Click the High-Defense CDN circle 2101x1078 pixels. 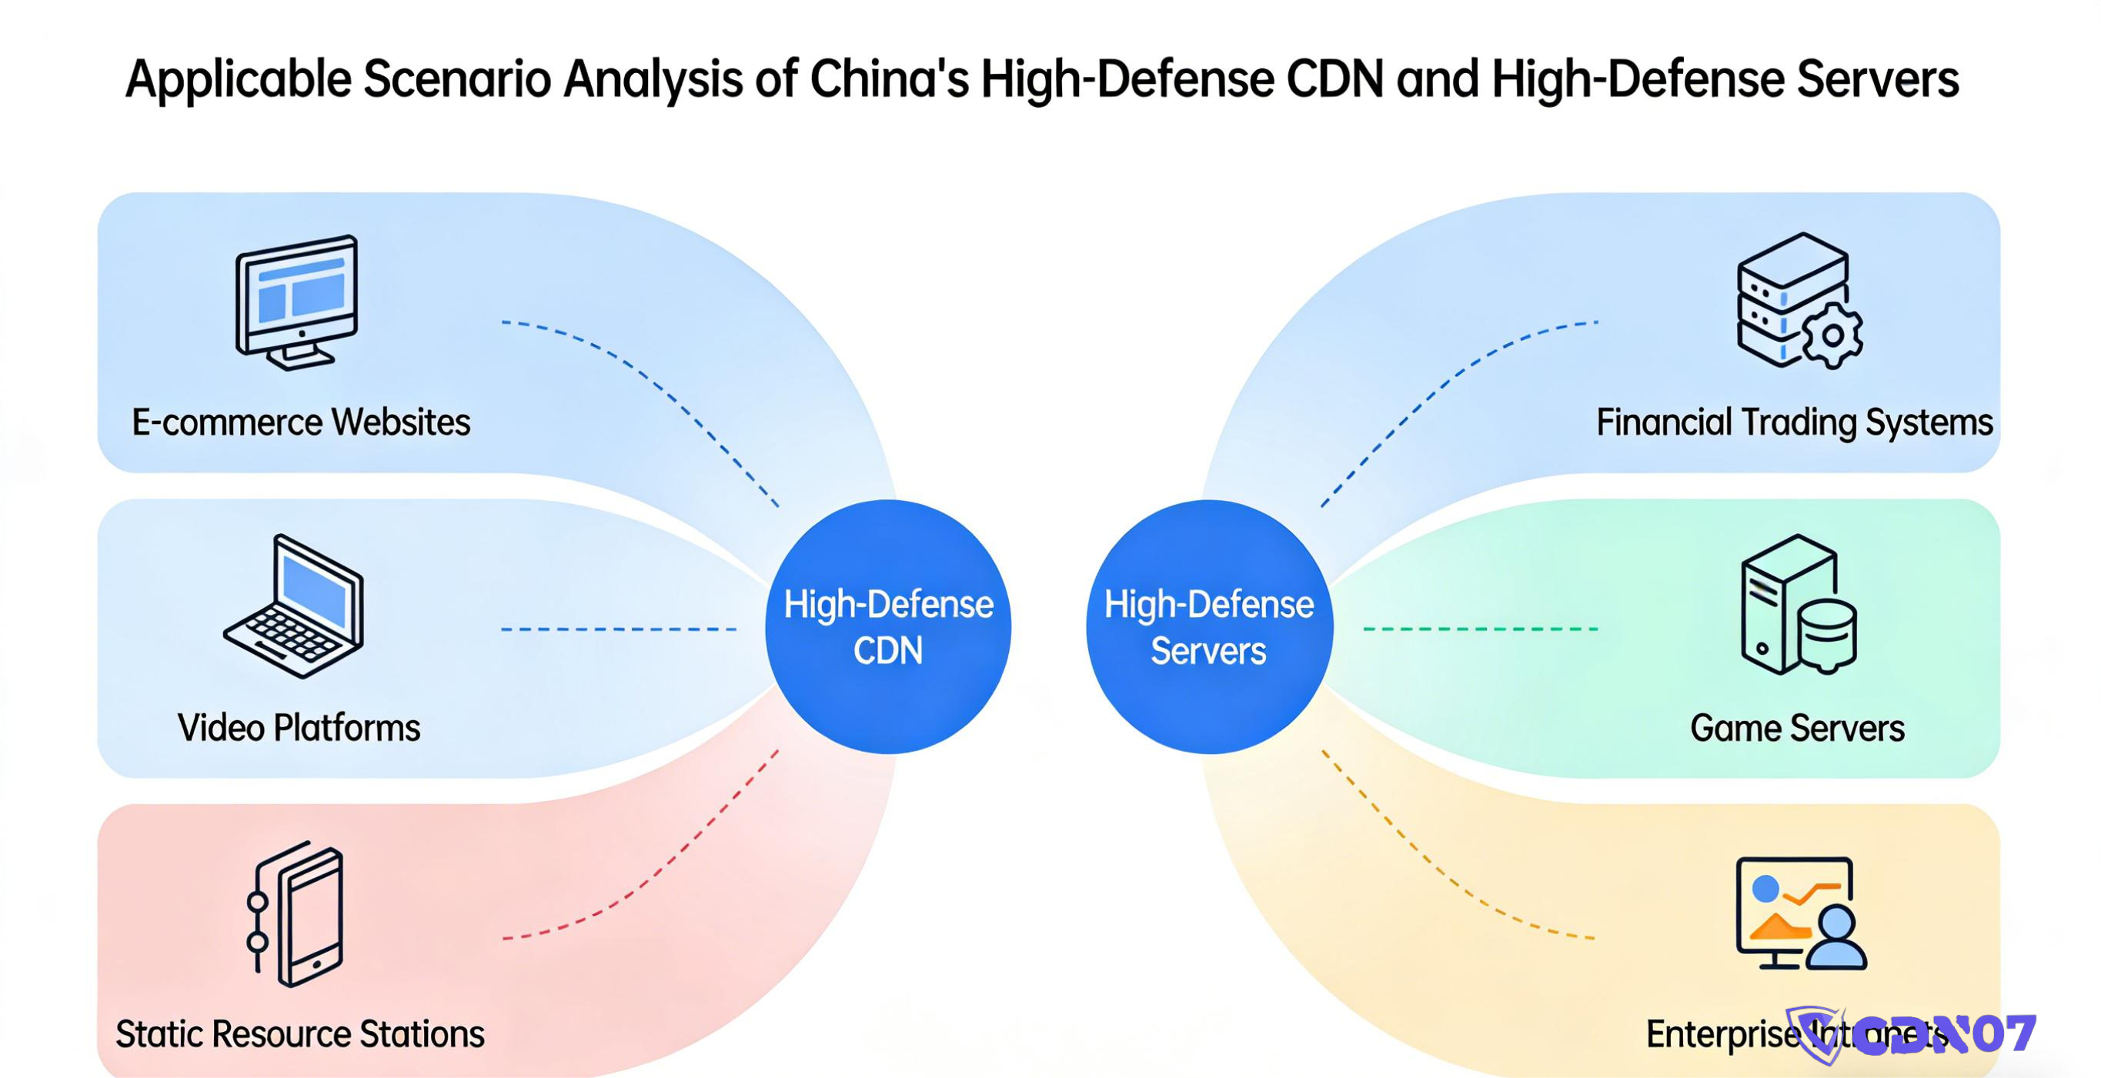click(887, 626)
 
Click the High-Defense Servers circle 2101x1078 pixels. click(1209, 626)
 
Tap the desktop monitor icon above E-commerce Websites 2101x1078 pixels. click(297, 301)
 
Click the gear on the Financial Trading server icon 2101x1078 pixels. click(1832, 335)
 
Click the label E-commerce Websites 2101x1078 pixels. click(301, 422)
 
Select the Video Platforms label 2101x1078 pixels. click(299, 728)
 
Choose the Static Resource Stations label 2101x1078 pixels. click(299, 1034)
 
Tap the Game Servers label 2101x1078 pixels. click(1797, 728)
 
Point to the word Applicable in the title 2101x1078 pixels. click(238, 79)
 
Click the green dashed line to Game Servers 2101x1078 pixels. click(1481, 629)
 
